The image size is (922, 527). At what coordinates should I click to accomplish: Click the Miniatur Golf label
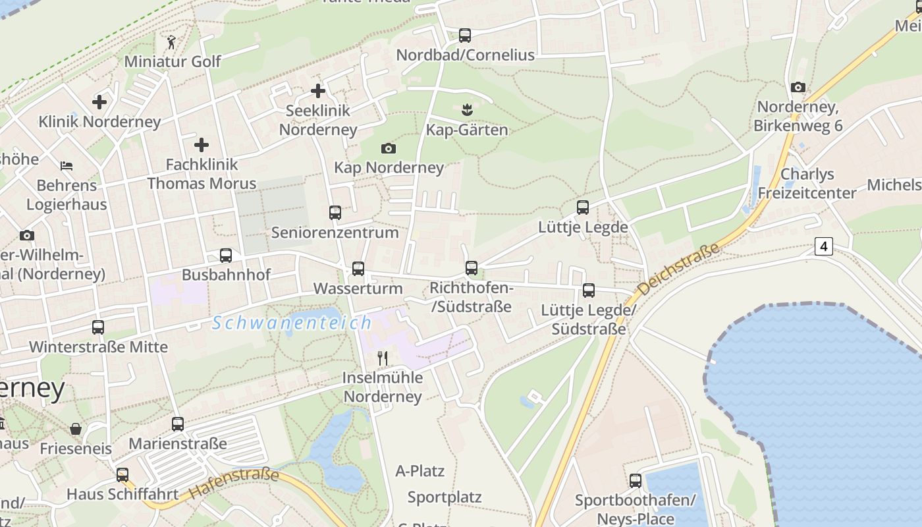coord(173,61)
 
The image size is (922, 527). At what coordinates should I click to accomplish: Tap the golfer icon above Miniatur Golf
coord(172,42)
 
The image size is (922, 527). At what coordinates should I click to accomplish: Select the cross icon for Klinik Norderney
coord(99,102)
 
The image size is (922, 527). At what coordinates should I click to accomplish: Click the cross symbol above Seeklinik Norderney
coord(318,91)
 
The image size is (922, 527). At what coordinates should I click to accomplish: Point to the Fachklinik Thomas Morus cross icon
coord(202,145)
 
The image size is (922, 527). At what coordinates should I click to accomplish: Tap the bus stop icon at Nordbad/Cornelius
coord(465,36)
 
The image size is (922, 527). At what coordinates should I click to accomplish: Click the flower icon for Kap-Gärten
coord(467,109)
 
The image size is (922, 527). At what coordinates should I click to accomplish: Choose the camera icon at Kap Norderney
coord(389,148)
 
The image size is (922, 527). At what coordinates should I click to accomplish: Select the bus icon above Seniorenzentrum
coord(335,213)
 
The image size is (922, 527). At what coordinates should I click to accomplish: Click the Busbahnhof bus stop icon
coord(226,256)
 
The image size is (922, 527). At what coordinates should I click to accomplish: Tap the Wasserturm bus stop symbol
coord(358,269)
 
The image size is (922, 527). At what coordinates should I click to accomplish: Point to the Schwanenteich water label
coord(292,323)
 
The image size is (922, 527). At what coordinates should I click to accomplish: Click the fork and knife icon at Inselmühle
coord(382,358)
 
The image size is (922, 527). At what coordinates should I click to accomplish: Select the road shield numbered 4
coord(823,246)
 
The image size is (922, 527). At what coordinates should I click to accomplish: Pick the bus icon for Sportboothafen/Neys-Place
coord(636,481)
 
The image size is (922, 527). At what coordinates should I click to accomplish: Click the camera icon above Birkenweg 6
coord(798,87)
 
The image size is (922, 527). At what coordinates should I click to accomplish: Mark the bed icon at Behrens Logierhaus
coord(67,165)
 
